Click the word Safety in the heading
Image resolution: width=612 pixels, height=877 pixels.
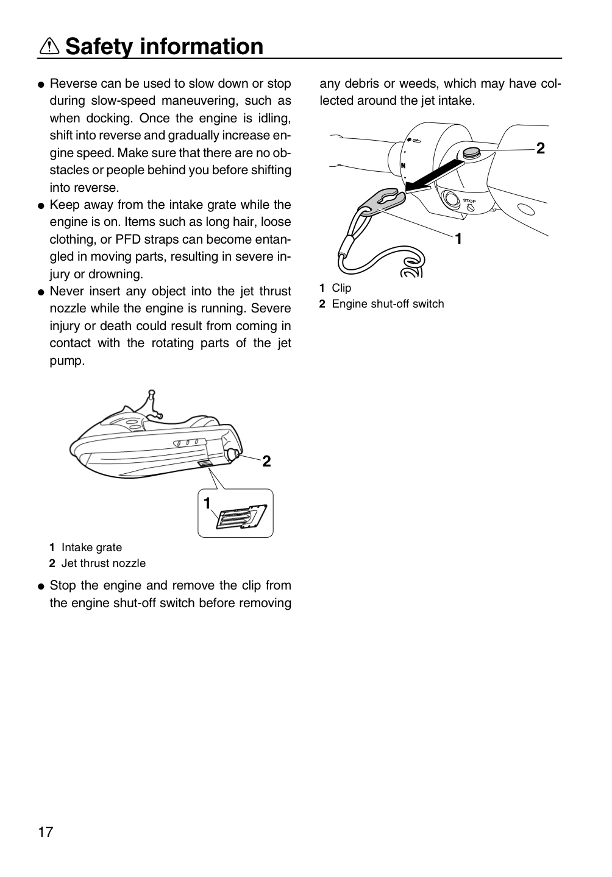(99, 46)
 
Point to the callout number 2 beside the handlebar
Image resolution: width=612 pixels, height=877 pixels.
(540, 149)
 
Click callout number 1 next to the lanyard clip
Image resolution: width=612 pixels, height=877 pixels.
(458, 239)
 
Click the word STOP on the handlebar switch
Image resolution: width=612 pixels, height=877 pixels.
(469, 201)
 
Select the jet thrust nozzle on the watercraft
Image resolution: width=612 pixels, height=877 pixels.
(234, 454)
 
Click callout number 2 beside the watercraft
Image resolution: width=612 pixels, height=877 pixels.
(266, 461)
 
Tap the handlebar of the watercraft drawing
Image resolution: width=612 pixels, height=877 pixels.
(153, 403)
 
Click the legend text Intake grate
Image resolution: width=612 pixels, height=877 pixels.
(91, 548)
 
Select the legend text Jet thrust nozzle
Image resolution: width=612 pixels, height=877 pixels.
(104, 563)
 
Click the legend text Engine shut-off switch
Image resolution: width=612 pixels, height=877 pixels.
(388, 304)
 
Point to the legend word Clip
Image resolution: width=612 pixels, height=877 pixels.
(341, 288)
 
